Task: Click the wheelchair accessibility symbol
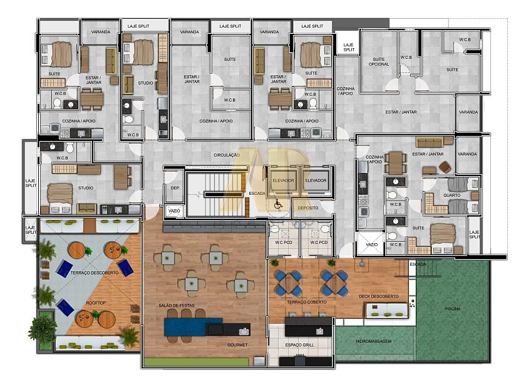coord(278,204)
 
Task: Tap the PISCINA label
coord(453,309)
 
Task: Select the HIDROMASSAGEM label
coord(374,342)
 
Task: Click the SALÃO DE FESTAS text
coord(177,305)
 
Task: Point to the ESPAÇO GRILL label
coord(299,345)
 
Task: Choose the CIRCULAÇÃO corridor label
coord(227,155)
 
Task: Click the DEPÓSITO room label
coord(308,208)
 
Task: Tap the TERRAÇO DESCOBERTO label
coord(95,273)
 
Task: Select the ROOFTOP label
coord(96,303)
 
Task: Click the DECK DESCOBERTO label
coord(379,296)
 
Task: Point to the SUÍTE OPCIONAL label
coord(379,61)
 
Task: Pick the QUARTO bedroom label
coord(451,196)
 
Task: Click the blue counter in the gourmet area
coord(193,326)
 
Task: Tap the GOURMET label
coord(237,345)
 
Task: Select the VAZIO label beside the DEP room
coord(174,211)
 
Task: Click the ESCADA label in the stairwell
coord(257,193)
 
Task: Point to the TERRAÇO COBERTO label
coord(307,302)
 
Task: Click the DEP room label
coord(175,188)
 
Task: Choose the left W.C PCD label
coord(284,243)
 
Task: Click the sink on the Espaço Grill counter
coord(319,331)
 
